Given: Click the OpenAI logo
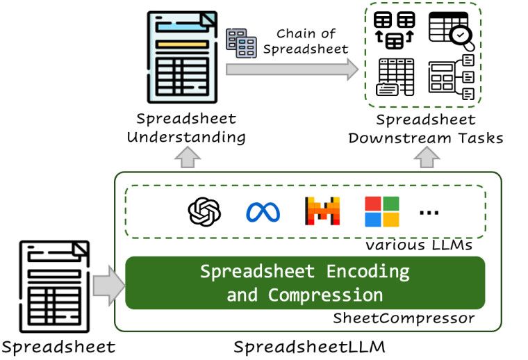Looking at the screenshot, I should pyautogui.click(x=204, y=212).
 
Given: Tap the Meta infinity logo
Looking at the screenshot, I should pyautogui.click(x=263, y=212).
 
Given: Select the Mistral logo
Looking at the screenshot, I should pyautogui.click(x=322, y=211).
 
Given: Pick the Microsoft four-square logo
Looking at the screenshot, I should pyautogui.click(x=382, y=212).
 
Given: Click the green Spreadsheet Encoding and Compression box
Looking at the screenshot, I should pyautogui.click(x=304, y=283).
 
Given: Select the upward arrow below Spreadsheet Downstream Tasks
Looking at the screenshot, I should pyautogui.click(x=425, y=159).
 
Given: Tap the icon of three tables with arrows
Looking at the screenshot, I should pyautogui.click(x=394, y=31).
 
